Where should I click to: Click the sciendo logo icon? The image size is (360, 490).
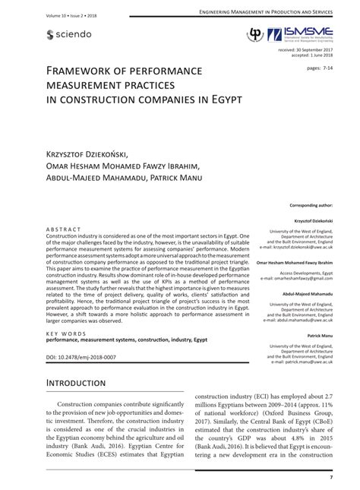[51, 34]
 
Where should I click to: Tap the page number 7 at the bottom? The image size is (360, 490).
[330, 477]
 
